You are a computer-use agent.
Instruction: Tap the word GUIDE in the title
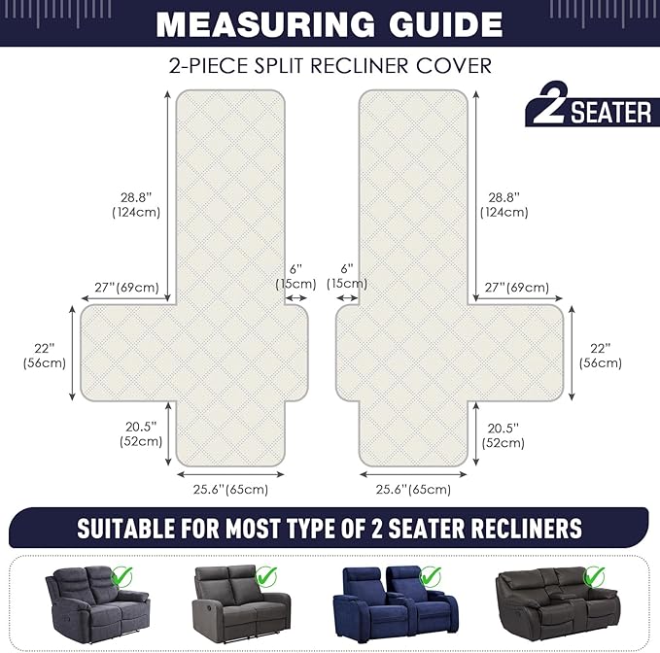pos(439,23)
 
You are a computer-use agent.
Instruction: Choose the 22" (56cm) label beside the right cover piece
pos(600,356)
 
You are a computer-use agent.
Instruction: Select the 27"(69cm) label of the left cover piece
pos(126,288)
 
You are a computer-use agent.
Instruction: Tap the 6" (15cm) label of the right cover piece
pos(347,276)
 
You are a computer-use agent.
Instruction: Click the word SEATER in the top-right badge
pos(611,113)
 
